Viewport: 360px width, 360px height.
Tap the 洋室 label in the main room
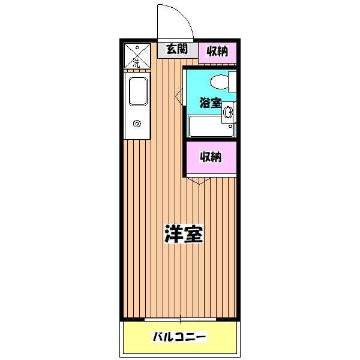[184, 233]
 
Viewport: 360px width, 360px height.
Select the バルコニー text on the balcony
[179, 337]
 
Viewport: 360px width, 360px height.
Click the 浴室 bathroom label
[209, 103]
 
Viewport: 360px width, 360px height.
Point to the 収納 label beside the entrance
[217, 51]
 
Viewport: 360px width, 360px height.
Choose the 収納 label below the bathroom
[211, 157]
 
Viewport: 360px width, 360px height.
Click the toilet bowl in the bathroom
[220, 81]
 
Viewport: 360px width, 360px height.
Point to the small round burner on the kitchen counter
[137, 124]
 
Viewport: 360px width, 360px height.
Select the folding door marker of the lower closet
[198, 179]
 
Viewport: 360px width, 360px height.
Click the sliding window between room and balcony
[180, 319]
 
